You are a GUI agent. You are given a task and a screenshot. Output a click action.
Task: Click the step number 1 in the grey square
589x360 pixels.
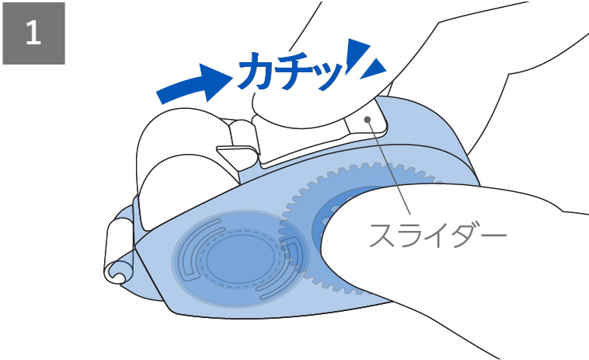click(x=33, y=33)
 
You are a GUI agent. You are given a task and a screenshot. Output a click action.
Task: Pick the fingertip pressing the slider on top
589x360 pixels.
click(x=295, y=109)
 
